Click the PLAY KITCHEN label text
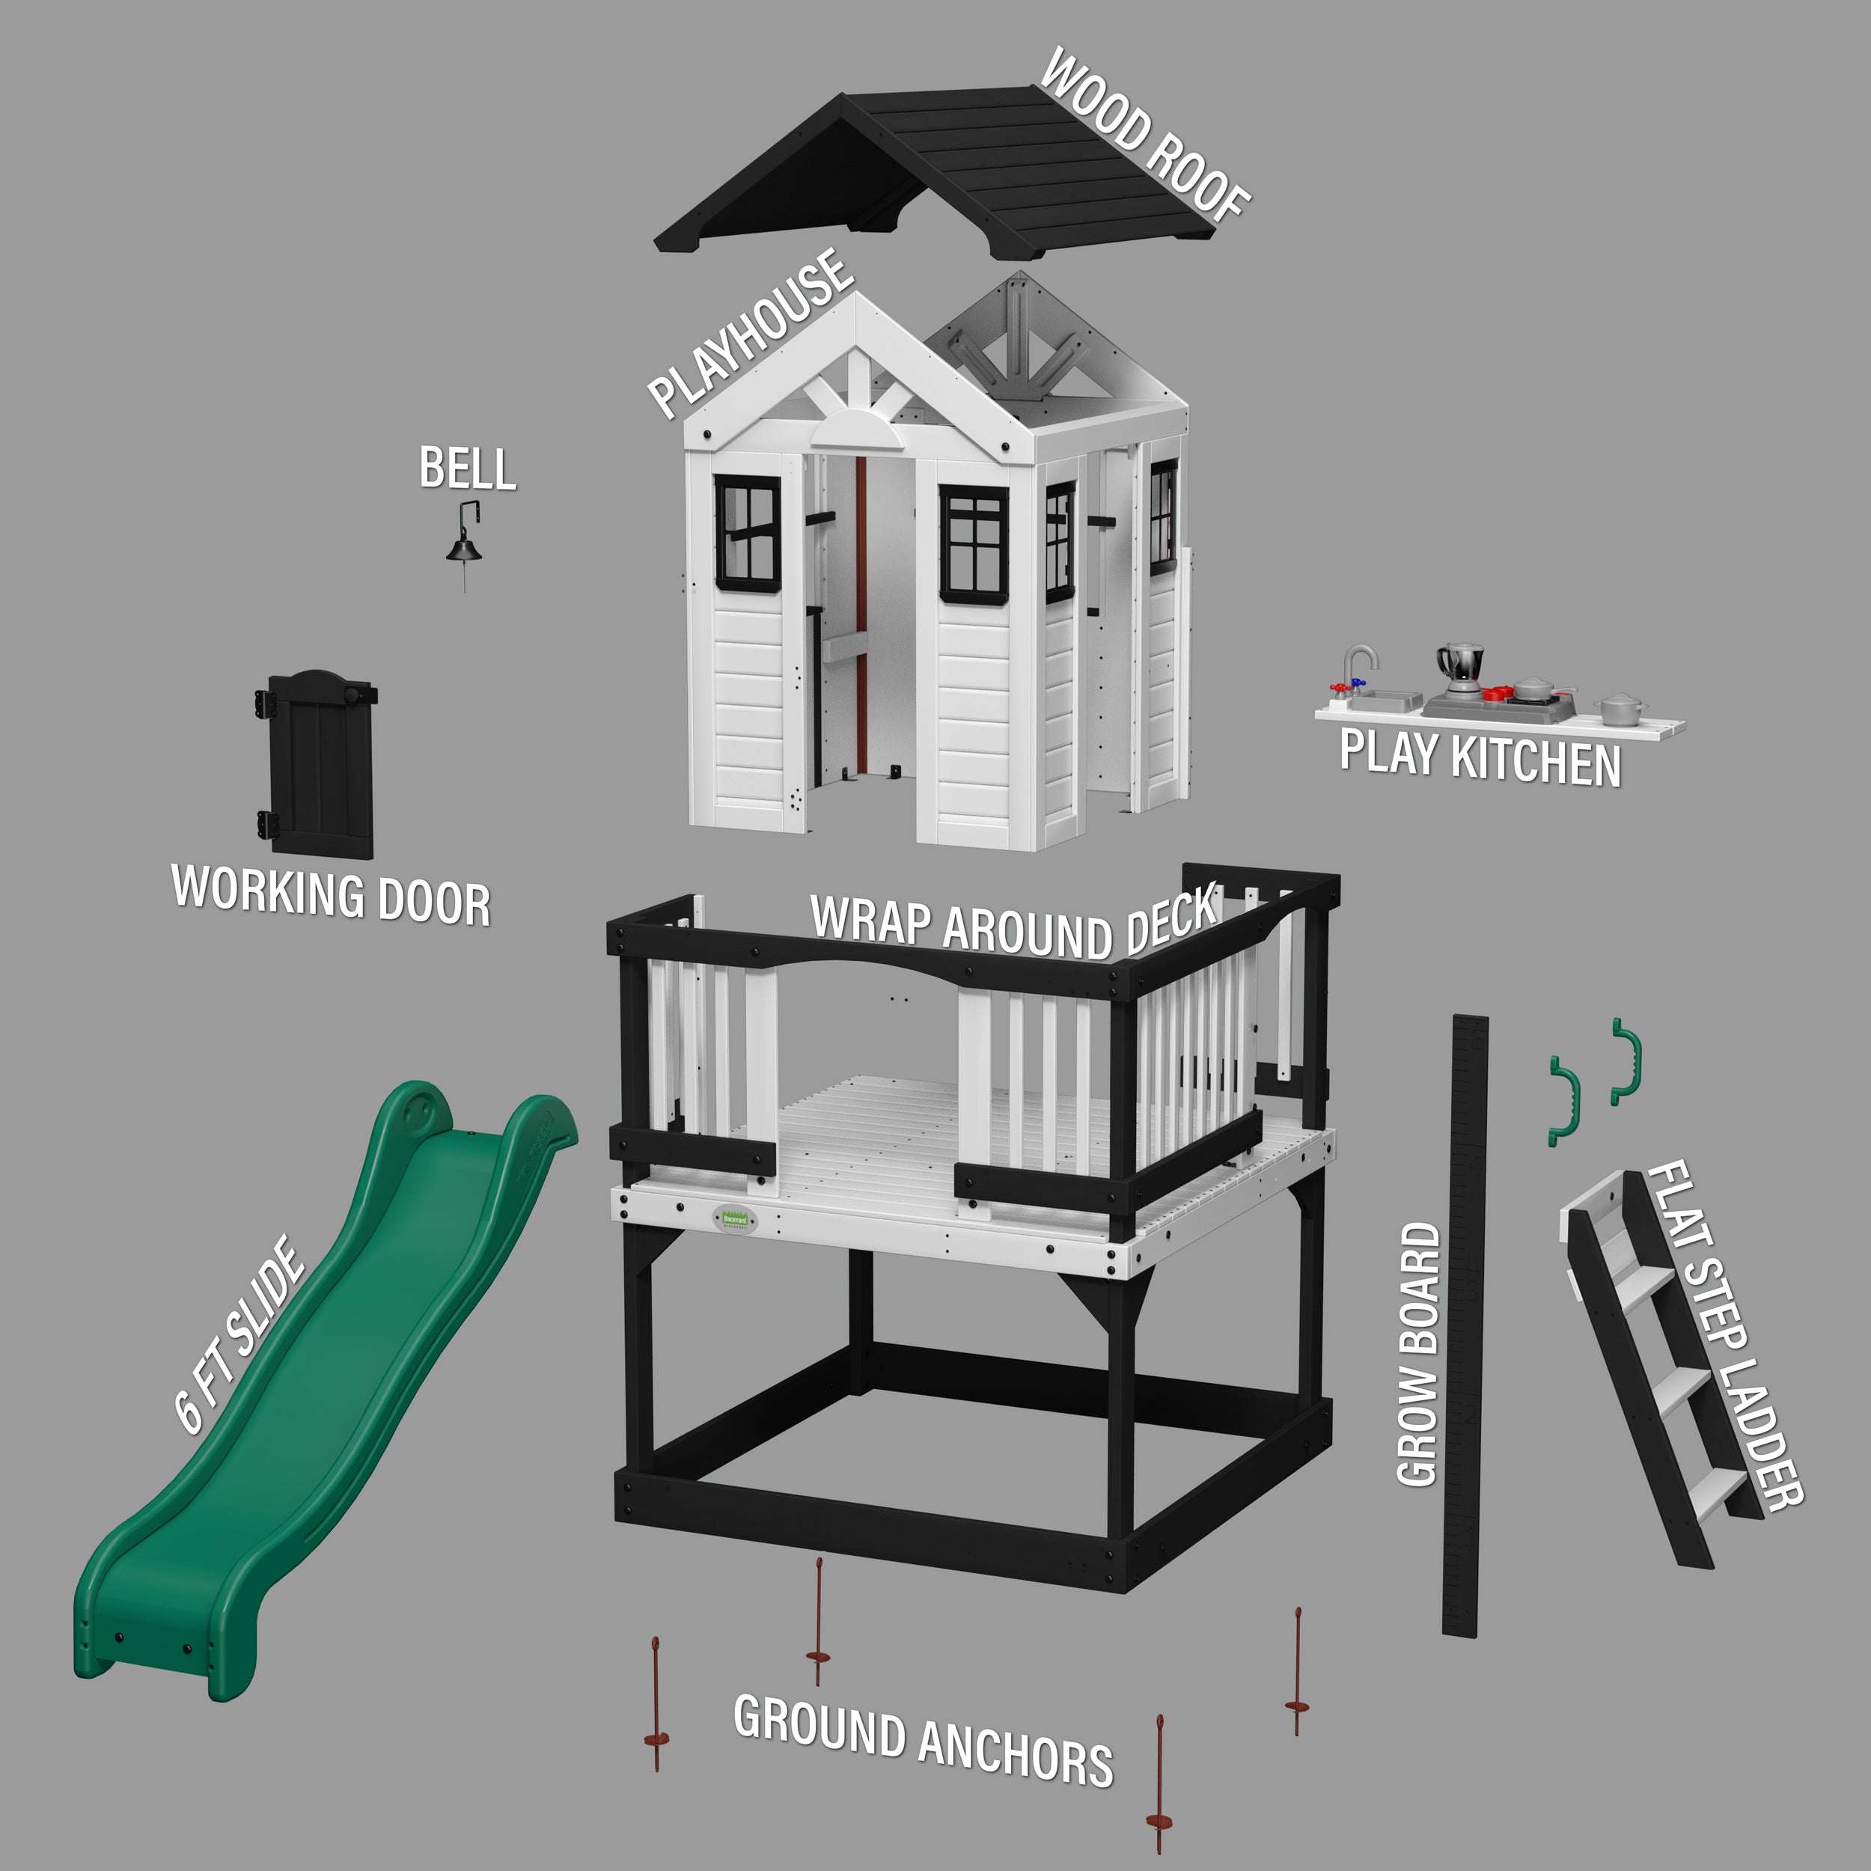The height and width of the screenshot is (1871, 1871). click(x=1480, y=757)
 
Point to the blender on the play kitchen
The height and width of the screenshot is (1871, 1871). click(x=1460, y=668)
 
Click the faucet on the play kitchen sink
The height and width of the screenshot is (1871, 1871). click(x=1358, y=666)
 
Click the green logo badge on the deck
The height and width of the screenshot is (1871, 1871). click(x=735, y=1219)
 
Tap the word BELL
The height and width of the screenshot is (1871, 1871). click(x=468, y=468)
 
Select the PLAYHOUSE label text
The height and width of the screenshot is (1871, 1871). click(x=751, y=332)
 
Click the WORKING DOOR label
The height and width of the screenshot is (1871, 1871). click(x=332, y=895)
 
